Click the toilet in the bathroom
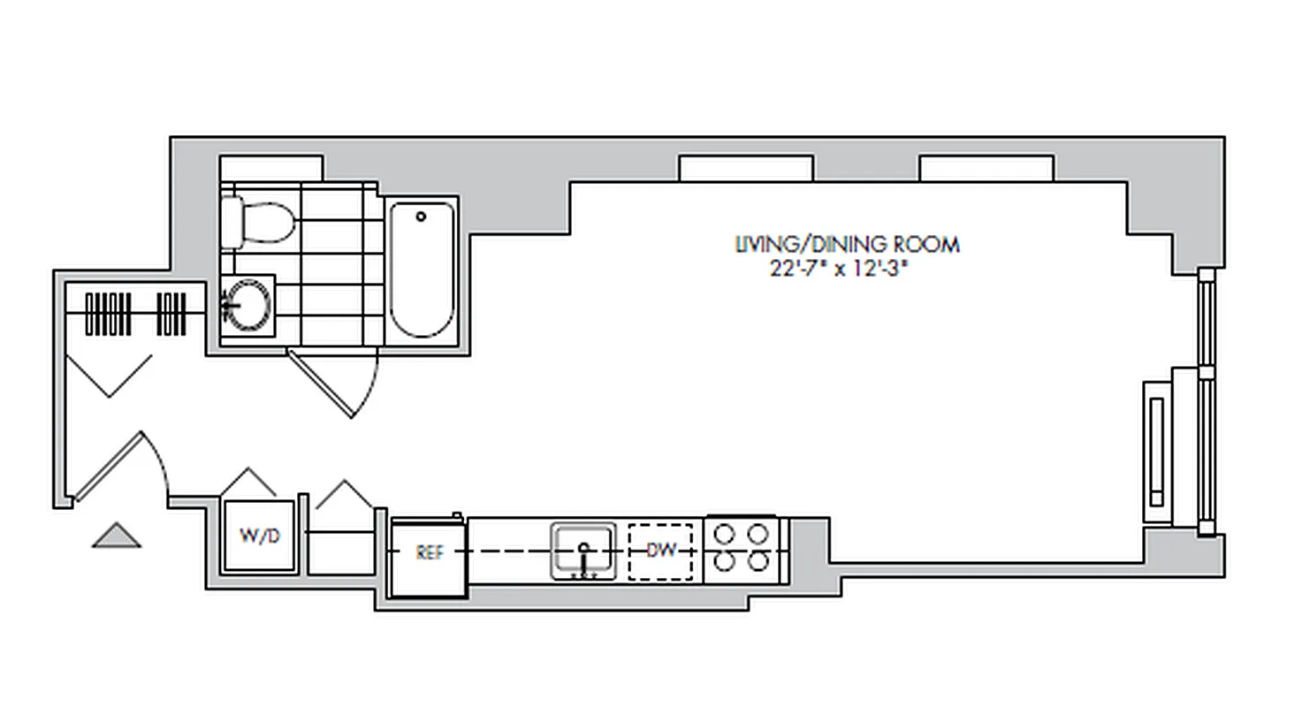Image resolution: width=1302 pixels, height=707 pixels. pos(259,222)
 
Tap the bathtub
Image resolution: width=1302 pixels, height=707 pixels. pos(422,270)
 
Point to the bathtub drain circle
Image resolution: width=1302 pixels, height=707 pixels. pos(422,217)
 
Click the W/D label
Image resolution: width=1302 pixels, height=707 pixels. pos(257,536)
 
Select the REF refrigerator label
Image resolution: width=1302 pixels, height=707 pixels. pos(429,553)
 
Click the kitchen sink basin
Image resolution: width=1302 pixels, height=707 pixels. pos(583,550)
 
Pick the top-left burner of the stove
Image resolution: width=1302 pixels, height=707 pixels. pos(725,534)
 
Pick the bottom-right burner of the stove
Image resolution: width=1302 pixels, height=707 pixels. pos(758,562)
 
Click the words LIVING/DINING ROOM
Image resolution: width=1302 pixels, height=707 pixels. pos(847,245)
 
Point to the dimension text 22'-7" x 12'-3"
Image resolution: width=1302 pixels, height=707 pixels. pos(839,270)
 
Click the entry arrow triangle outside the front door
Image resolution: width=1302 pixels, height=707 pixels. pos(117,536)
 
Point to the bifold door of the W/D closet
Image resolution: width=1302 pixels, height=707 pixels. pos(248,482)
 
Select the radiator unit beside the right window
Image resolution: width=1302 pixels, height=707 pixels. pos(1157,450)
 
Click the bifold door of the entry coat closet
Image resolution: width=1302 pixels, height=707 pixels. pos(109,376)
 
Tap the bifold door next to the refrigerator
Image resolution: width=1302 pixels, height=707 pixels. pos(345,494)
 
